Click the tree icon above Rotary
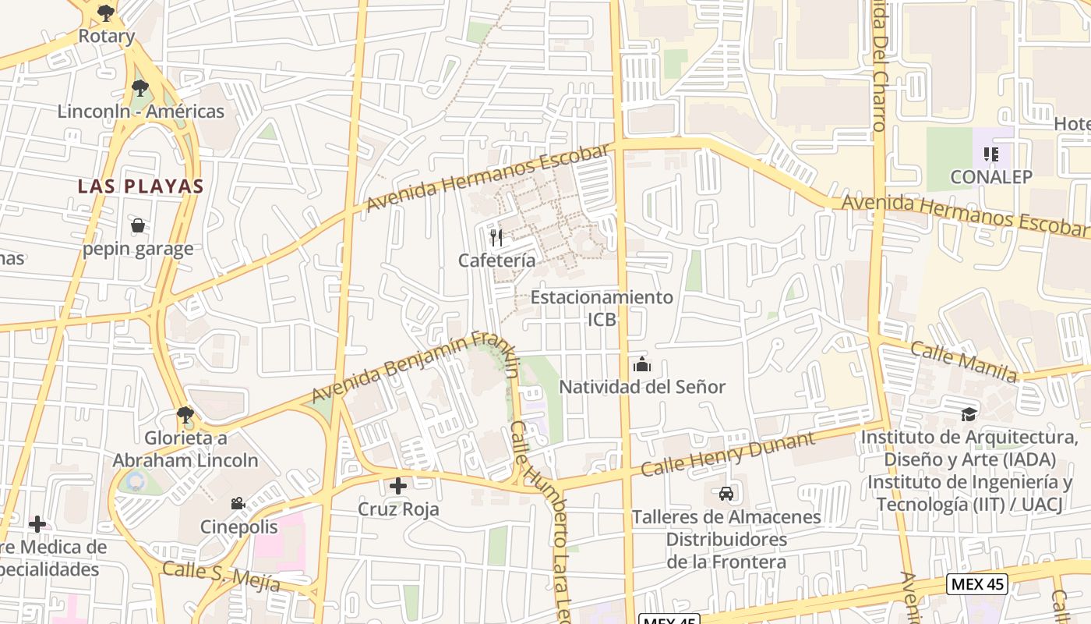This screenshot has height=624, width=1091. coord(106,12)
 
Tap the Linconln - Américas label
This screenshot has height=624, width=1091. coord(140,112)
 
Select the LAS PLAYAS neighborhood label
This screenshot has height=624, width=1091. coord(140,186)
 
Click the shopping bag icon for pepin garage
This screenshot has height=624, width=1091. coord(138,226)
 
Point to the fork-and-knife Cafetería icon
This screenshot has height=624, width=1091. coord(496,237)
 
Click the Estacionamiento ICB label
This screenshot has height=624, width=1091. coord(602,308)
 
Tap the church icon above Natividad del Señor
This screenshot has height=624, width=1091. coord(642,364)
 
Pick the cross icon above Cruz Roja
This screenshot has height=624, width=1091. coord(398,486)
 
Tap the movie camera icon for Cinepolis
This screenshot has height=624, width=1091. coord(238,504)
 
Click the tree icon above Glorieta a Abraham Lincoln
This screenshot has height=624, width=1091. coord(185,414)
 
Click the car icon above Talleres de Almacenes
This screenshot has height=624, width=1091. coord(726,493)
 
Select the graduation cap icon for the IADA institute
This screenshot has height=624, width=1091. coord(969,414)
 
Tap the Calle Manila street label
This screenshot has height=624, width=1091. coord(963,362)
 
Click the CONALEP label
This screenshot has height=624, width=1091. coord(990,177)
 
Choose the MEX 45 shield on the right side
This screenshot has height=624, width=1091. coord(977,583)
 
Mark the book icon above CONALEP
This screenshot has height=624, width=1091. coord(990,154)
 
